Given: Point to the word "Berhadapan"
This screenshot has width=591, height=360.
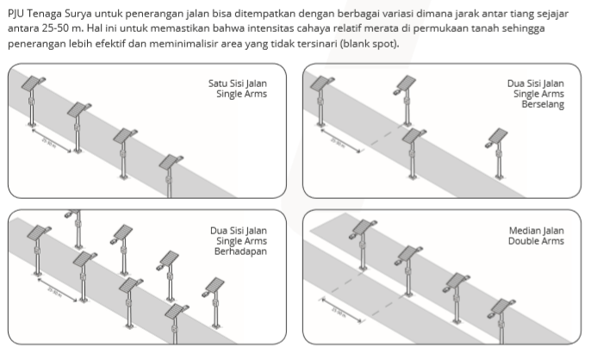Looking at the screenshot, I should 238,251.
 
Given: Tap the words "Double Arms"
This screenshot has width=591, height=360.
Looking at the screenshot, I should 538,241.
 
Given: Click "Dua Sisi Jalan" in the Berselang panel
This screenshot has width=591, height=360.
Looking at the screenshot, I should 535,84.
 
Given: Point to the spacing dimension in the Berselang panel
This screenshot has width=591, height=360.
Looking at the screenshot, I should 339,139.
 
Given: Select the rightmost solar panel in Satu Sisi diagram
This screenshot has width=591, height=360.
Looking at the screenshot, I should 172,161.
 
